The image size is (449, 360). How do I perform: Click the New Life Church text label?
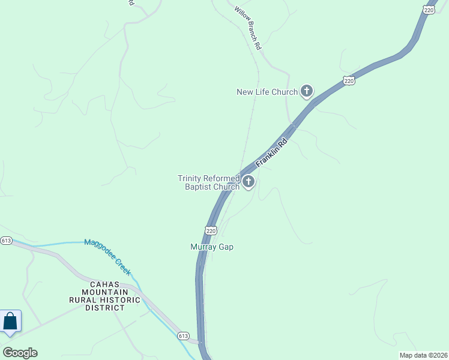[267, 92]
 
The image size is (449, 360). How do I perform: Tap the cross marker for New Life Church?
[307, 91]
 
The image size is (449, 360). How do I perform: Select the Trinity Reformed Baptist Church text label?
[208, 182]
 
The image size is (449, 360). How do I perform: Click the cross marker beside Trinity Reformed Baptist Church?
[248, 181]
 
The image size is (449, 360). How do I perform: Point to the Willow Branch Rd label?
[248, 28]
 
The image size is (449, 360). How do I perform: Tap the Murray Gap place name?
[211, 247]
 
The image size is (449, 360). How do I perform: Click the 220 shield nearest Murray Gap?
[211, 230]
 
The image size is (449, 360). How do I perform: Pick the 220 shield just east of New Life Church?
[349, 80]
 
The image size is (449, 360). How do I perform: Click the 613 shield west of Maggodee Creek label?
[6, 241]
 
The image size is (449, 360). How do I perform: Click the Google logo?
[20, 353]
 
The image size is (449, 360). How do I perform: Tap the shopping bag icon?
[10, 321]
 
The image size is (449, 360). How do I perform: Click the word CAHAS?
[105, 284]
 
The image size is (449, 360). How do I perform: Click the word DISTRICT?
[105, 308]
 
